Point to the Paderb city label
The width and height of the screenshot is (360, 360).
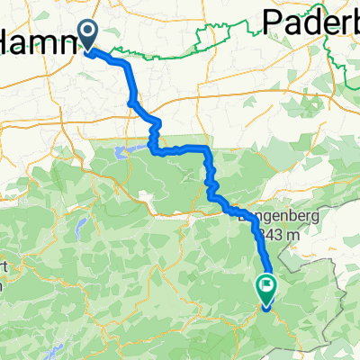coord(310,20)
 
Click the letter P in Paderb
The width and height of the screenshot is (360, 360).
coord(272,20)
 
